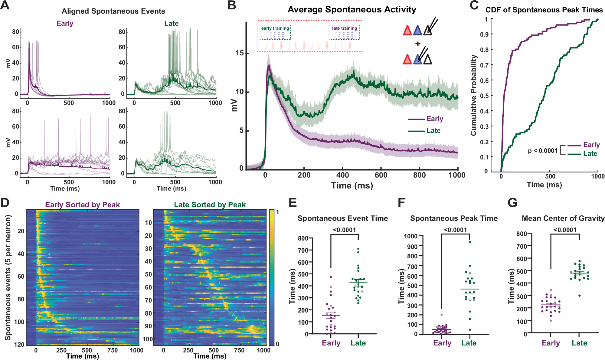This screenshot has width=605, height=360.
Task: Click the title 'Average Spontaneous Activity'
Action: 352,10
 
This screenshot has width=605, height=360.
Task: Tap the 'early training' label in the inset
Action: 275,28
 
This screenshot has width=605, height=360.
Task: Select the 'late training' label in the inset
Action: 344,28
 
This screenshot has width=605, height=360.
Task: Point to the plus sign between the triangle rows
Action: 418,44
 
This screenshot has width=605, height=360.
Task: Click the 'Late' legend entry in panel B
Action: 433,131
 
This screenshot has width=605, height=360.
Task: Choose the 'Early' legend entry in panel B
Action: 435,119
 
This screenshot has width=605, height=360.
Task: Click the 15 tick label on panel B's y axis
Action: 240,53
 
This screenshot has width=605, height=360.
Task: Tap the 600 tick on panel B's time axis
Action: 381,175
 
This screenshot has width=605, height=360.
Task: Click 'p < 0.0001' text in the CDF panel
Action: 542,151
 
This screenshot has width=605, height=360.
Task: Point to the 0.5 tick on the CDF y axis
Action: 484,96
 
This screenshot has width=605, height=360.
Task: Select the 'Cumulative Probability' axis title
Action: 473,95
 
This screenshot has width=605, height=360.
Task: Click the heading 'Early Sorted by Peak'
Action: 82,205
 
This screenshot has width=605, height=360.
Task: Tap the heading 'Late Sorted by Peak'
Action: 210,205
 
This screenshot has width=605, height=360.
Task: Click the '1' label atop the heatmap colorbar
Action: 277,212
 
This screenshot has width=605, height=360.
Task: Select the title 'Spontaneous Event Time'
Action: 342,218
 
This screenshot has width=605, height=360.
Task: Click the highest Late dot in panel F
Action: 470,242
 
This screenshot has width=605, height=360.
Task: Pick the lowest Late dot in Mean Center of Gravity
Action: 580,296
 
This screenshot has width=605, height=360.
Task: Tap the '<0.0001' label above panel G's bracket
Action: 565,230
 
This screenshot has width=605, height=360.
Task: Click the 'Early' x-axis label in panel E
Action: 331,343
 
